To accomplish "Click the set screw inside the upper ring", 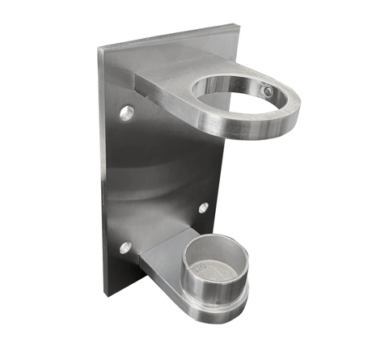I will point(268,92).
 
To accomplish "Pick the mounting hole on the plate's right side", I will point(203,208).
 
